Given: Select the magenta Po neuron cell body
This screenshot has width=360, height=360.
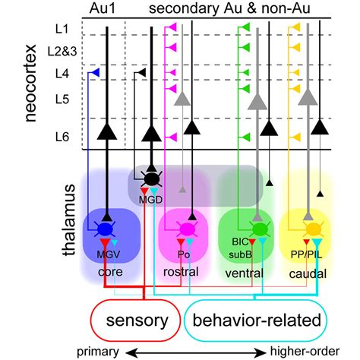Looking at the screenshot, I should click(x=184, y=227).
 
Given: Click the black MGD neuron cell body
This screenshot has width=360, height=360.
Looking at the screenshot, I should click(x=153, y=179).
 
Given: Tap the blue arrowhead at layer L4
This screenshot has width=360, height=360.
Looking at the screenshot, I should click(x=94, y=73).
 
